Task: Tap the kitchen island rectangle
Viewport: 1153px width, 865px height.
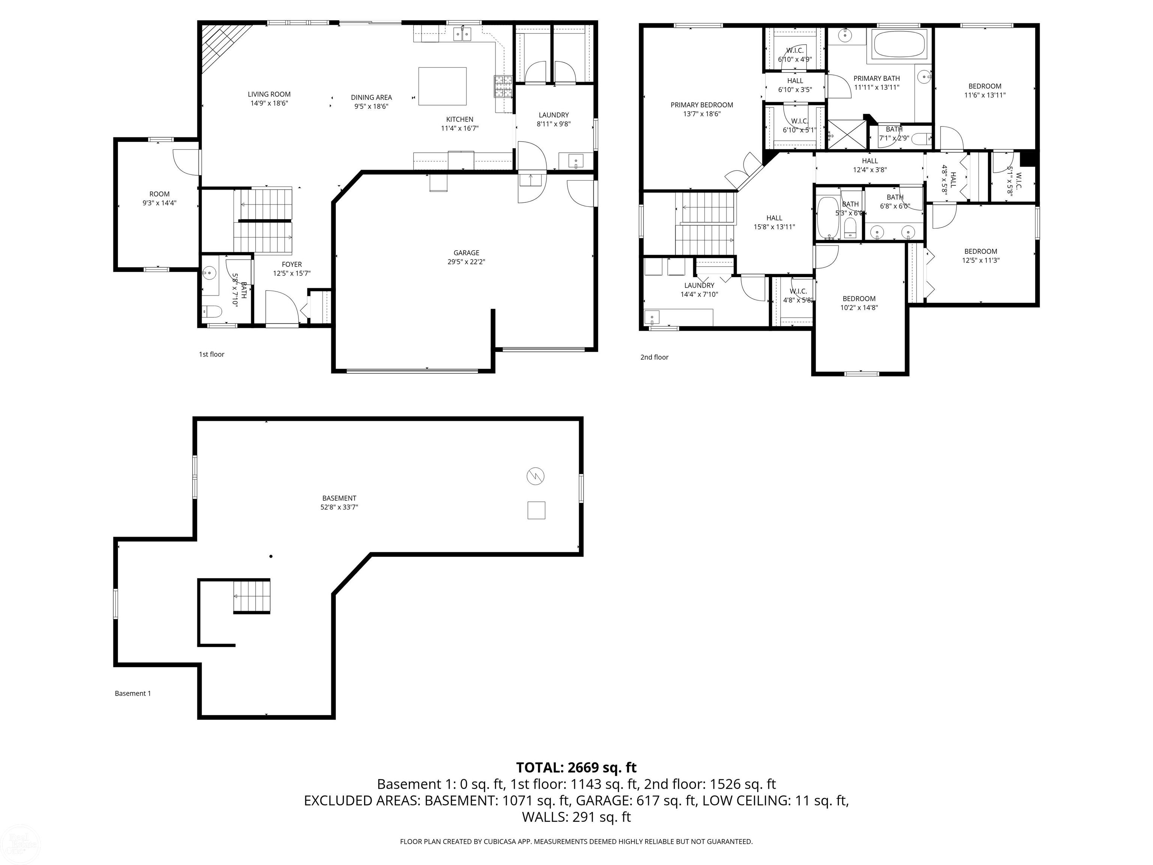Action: click(443, 86)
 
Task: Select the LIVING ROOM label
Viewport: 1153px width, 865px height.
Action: click(269, 94)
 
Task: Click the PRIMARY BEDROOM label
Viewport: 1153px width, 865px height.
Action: click(701, 105)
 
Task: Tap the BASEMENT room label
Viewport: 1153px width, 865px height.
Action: click(339, 498)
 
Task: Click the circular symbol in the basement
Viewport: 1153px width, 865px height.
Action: click(535, 476)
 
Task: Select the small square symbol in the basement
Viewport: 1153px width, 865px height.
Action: click(536, 510)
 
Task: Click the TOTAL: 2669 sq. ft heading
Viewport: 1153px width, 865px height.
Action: click(576, 767)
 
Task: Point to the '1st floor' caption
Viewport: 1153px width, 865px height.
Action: click(212, 354)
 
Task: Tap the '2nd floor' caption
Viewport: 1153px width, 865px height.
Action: click(654, 357)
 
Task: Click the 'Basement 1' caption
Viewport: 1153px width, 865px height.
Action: click(132, 693)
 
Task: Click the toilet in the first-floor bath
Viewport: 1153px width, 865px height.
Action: click(212, 311)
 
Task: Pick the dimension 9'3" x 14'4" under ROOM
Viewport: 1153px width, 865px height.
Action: click(160, 203)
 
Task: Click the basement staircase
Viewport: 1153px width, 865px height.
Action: click(252, 596)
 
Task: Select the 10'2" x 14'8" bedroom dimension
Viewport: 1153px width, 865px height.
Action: click(859, 307)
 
